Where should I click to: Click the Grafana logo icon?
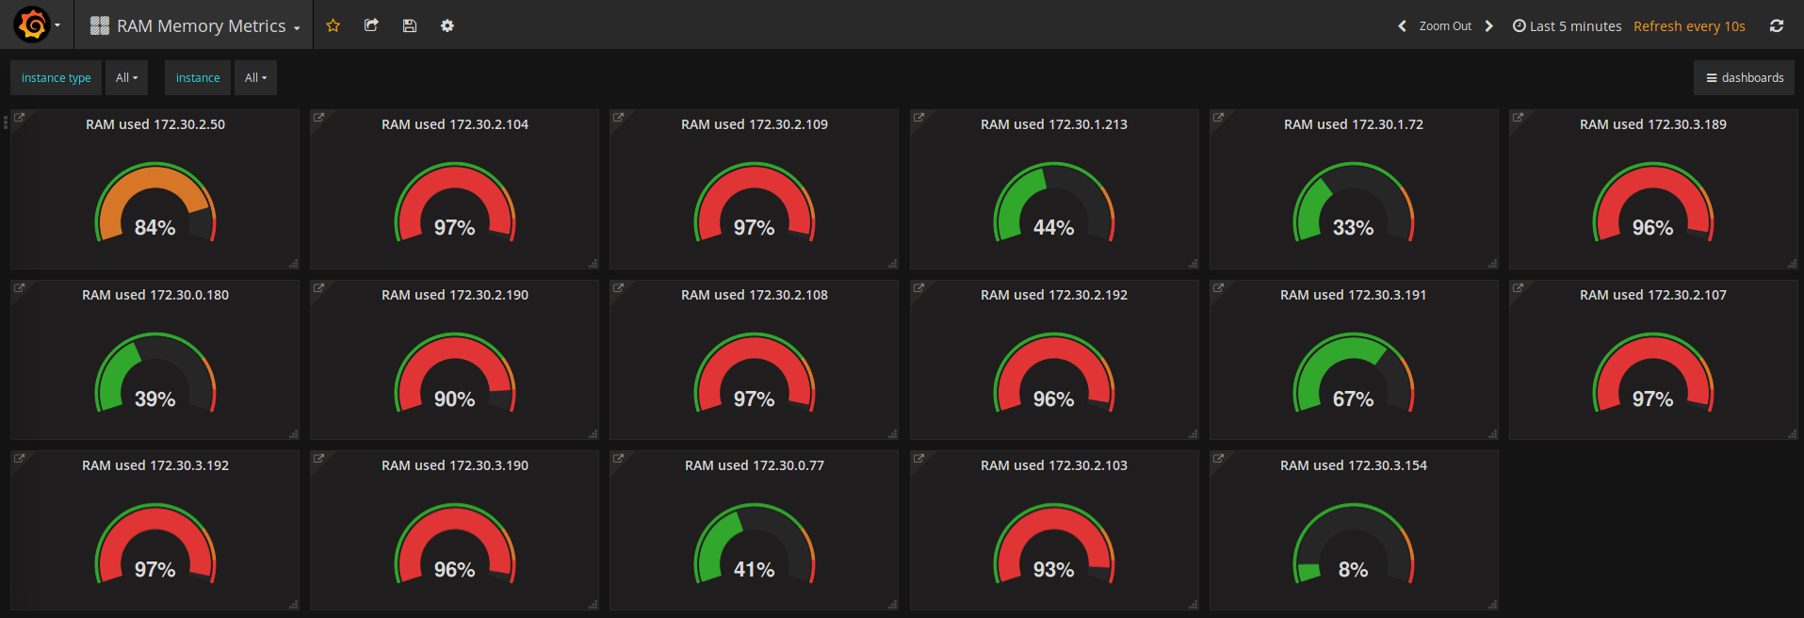(x=32, y=25)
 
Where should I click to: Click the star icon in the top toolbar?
(x=333, y=25)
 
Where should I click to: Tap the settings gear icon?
(x=447, y=25)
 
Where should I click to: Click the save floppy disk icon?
(x=409, y=25)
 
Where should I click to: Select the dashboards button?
(x=1745, y=78)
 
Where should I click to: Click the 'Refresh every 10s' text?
(x=1689, y=26)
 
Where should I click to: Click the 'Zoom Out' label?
(x=1445, y=26)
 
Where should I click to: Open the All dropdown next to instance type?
(x=126, y=78)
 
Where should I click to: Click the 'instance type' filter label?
(x=57, y=78)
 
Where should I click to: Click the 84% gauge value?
(x=155, y=228)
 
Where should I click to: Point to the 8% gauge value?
(x=1353, y=569)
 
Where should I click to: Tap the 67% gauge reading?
(x=1353, y=399)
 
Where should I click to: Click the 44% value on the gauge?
(x=1053, y=228)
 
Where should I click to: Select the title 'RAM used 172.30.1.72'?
(x=1353, y=124)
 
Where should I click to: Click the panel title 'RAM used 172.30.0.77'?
(x=754, y=465)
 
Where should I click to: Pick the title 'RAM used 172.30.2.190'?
(x=454, y=295)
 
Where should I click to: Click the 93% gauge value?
(x=1053, y=569)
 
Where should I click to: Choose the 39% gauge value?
(x=155, y=399)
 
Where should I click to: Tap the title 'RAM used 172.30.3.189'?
(x=1652, y=124)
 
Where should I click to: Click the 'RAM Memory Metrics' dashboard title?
(x=201, y=26)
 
